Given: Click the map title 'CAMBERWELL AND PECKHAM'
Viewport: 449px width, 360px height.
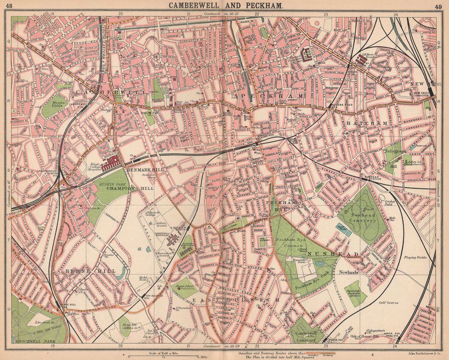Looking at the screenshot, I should (x=225, y=5).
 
